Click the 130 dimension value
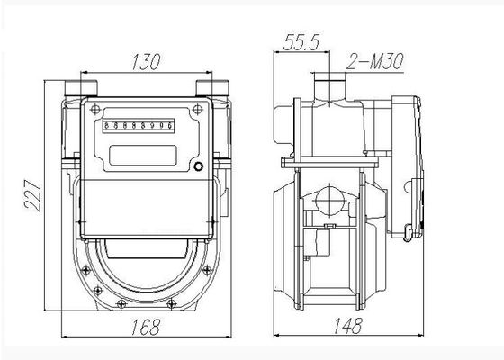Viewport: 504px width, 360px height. [x=146, y=62]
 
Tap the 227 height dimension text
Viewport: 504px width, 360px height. [x=32, y=195]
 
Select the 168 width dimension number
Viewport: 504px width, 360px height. [x=146, y=327]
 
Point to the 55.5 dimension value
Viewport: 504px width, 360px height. [x=301, y=41]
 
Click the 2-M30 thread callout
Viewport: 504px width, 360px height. [x=374, y=61]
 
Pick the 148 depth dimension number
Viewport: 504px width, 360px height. [x=348, y=326]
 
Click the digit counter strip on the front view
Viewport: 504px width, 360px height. [x=139, y=126]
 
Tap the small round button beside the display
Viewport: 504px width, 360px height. [x=199, y=166]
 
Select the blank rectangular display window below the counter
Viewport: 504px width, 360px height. [x=143, y=156]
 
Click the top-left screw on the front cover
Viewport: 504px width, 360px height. [x=95, y=110]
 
